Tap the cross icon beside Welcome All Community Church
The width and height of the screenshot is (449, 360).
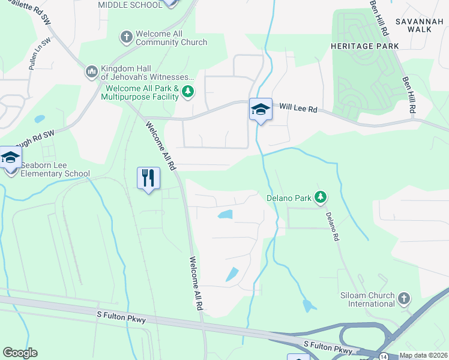click(x=126, y=37)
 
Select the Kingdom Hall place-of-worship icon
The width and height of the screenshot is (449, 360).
click(x=91, y=72)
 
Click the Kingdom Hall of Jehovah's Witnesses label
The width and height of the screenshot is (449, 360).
click(x=148, y=73)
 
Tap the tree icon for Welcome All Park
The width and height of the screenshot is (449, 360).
click(x=188, y=92)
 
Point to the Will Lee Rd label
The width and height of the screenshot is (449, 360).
click(x=298, y=109)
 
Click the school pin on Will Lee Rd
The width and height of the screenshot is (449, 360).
click(x=261, y=110)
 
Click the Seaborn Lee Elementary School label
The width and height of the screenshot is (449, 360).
click(x=55, y=170)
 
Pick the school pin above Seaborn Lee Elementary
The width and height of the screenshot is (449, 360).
click(x=10, y=158)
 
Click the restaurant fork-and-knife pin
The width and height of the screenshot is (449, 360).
click(x=148, y=178)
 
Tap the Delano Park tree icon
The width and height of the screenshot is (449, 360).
click(x=321, y=197)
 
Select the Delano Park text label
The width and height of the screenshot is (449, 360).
click(x=290, y=197)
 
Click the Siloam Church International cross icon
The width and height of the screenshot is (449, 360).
click(x=404, y=298)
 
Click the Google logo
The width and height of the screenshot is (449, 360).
click(x=20, y=353)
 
